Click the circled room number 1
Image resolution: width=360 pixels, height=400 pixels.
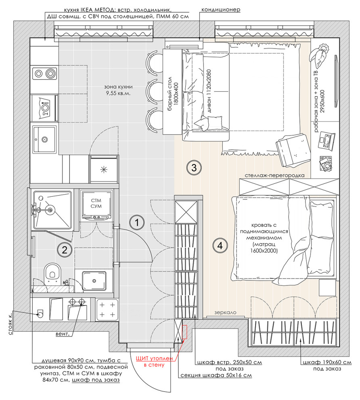[137, 222]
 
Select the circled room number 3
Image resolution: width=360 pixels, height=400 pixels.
[194, 167]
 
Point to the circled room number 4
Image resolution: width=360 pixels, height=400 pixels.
[219, 245]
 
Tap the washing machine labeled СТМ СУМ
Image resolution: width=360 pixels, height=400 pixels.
[96, 206]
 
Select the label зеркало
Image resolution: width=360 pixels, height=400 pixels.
[226, 312]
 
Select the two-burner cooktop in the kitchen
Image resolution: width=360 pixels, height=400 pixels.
[44, 73]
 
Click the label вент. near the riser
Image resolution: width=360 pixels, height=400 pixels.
[63, 334]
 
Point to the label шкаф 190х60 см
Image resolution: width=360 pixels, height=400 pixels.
[322, 362]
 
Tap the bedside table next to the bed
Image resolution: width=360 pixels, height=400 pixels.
[327, 287]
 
